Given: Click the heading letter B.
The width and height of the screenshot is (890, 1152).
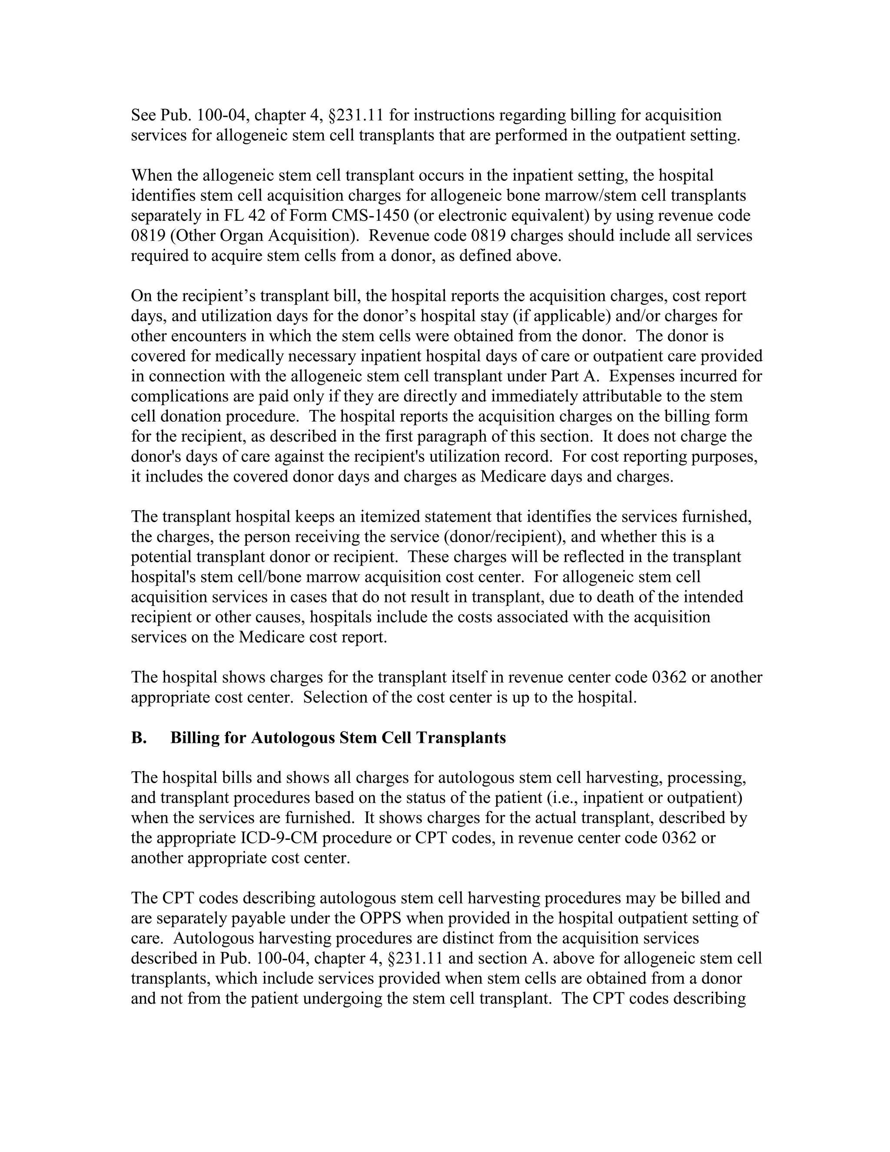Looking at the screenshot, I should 139,737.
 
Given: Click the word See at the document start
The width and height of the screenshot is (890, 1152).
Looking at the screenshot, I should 143,115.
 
